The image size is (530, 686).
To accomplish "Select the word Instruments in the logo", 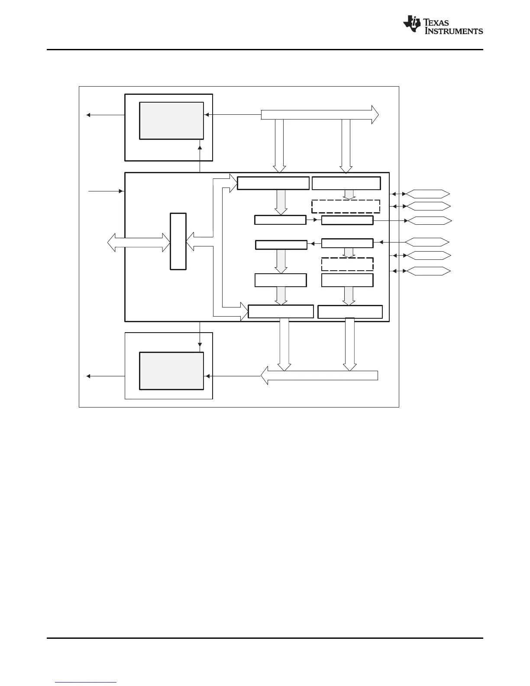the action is pyautogui.click(x=454, y=31).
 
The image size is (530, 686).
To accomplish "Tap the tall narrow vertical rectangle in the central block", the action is pyautogui.click(x=178, y=241).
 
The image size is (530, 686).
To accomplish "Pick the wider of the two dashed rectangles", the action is pyautogui.click(x=346, y=207).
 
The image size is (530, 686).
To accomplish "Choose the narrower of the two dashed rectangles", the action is pyautogui.click(x=347, y=264).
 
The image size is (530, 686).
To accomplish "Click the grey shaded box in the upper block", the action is pyautogui.click(x=171, y=121).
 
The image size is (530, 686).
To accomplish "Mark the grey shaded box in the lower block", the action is pyautogui.click(x=171, y=371).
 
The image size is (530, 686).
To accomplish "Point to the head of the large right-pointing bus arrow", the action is pyautogui.click(x=375, y=115).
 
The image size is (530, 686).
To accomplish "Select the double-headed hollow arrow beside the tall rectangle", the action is pyautogui.click(x=139, y=243).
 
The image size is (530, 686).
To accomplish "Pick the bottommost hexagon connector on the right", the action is pyautogui.click(x=428, y=272).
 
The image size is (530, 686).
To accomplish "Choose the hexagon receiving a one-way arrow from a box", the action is pyautogui.click(x=429, y=221).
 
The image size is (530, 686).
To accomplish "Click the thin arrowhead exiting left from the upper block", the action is pyautogui.click(x=88, y=115).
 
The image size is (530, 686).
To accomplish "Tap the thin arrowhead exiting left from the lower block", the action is pyautogui.click(x=88, y=376).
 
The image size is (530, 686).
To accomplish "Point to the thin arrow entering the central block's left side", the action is pyautogui.click(x=121, y=191).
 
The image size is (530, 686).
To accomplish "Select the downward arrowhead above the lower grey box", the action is pyautogui.click(x=200, y=345).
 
